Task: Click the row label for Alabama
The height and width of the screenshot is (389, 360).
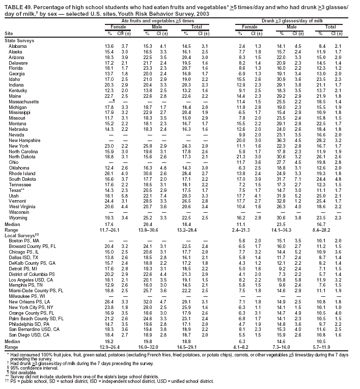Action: click(x=17, y=46)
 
